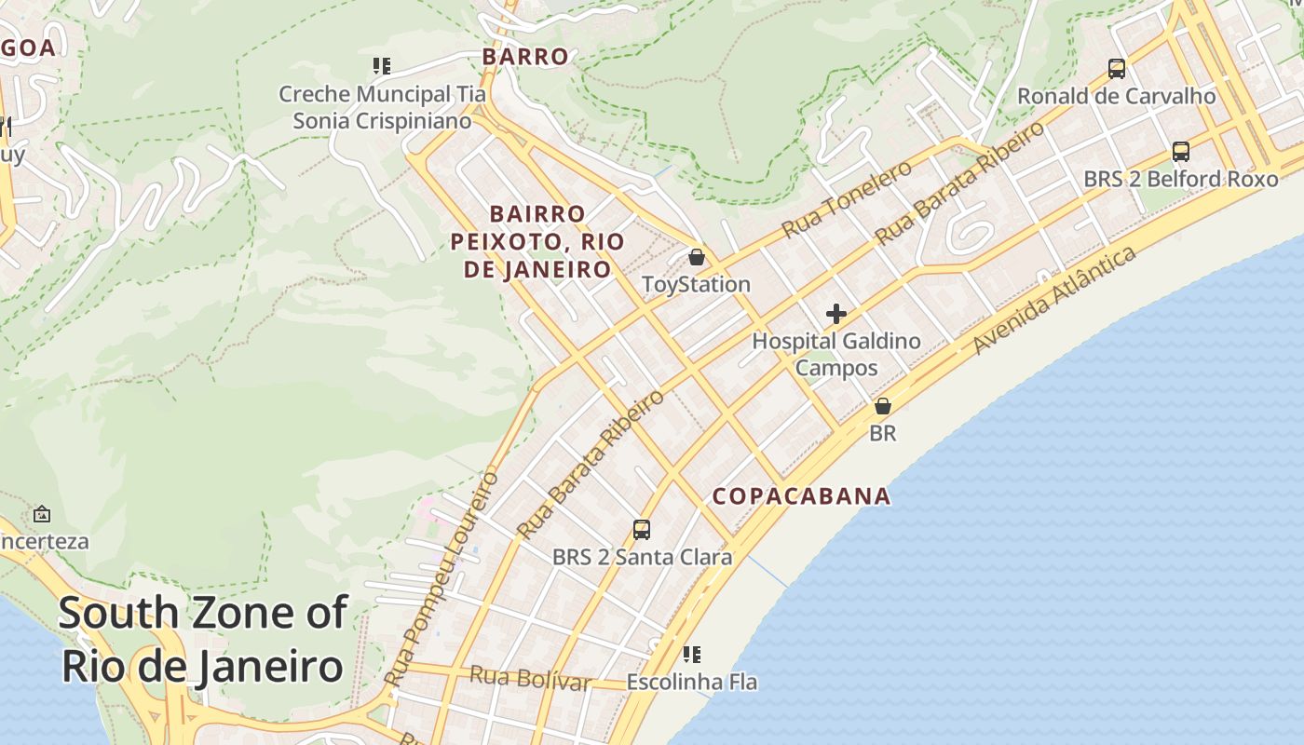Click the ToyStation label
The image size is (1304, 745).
(696, 284)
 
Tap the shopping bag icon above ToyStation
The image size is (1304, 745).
(697, 257)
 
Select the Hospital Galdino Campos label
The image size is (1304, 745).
(835, 354)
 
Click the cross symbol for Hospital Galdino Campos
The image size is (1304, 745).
(836, 314)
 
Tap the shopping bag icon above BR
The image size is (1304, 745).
(882, 406)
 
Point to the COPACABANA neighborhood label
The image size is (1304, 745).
(801, 496)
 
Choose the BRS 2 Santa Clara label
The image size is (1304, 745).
(642, 558)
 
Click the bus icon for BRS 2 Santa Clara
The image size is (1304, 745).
(642, 530)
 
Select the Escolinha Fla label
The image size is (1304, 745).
(691, 682)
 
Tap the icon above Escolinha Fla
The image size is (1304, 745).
(691, 655)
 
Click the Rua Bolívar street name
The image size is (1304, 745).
(530, 678)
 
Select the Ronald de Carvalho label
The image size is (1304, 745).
(1116, 96)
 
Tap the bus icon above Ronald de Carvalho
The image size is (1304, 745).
(1116, 68)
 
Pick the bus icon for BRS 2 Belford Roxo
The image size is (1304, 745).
(1180, 151)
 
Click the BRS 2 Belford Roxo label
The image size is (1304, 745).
(1180, 178)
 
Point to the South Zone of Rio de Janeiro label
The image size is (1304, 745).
(203, 640)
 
